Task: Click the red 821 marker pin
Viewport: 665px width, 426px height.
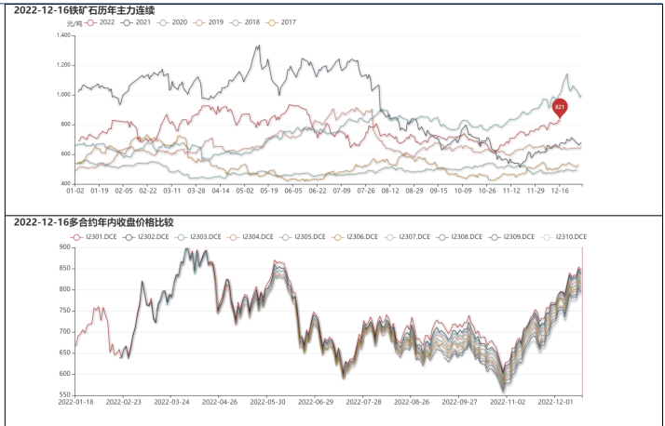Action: tap(560, 108)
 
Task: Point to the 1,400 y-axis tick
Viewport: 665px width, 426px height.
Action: tap(63, 35)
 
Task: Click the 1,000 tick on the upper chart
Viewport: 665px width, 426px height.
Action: tap(63, 94)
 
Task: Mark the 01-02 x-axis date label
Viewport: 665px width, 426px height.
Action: tap(75, 191)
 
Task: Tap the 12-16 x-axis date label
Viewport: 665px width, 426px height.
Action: tap(561, 191)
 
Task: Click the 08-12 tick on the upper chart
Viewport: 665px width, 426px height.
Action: tap(390, 191)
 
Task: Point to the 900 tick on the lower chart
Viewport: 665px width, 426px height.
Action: tap(65, 247)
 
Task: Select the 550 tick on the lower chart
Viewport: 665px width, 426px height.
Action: tap(65, 394)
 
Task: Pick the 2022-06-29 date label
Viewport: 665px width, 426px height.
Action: tap(312, 403)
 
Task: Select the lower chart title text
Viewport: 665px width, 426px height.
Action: tap(93, 223)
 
